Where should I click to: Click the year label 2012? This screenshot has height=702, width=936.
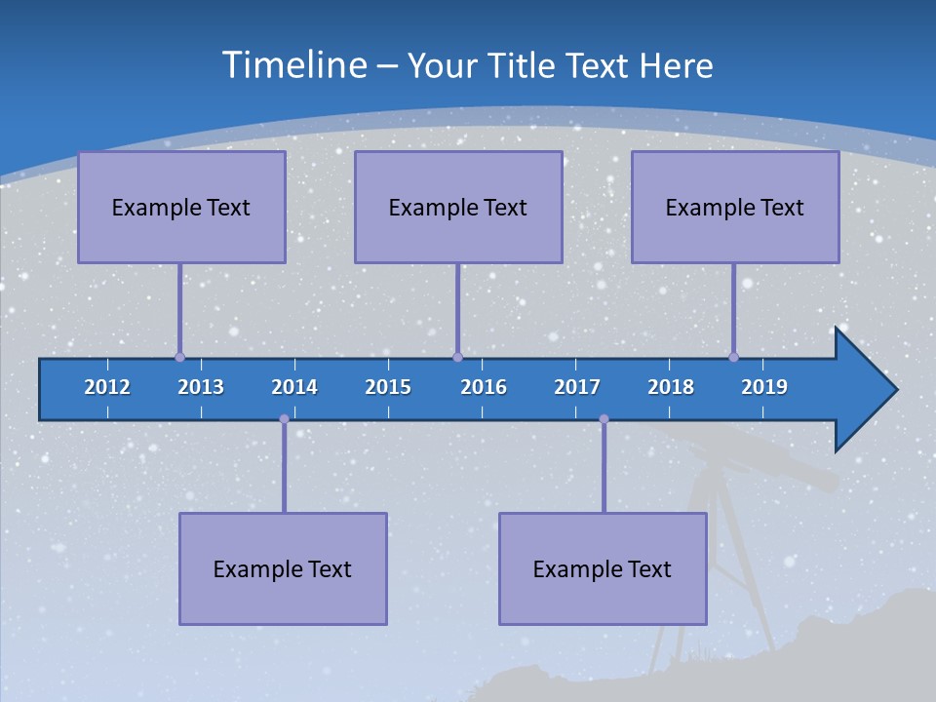click(107, 387)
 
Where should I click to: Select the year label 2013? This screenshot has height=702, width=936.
click(201, 387)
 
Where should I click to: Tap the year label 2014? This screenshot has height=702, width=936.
click(294, 387)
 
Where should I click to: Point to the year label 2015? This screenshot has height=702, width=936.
click(388, 387)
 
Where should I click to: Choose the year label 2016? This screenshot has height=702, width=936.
click(484, 387)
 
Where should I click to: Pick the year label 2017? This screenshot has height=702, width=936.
click(577, 387)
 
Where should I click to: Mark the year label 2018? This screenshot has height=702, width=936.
click(671, 387)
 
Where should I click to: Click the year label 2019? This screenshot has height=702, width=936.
click(764, 387)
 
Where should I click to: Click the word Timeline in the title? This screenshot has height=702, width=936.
click(294, 65)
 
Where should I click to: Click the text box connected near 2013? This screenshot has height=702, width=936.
click(181, 207)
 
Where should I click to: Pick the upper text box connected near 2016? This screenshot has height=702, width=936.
click(458, 207)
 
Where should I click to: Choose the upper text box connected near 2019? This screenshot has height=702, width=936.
click(735, 207)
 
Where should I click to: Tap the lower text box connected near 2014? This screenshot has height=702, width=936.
click(283, 568)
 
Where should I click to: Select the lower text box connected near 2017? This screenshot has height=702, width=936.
click(603, 568)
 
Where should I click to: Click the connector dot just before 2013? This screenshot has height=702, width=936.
click(179, 357)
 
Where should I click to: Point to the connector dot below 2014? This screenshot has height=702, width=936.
click(284, 419)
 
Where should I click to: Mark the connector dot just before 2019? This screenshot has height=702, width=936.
click(733, 357)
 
